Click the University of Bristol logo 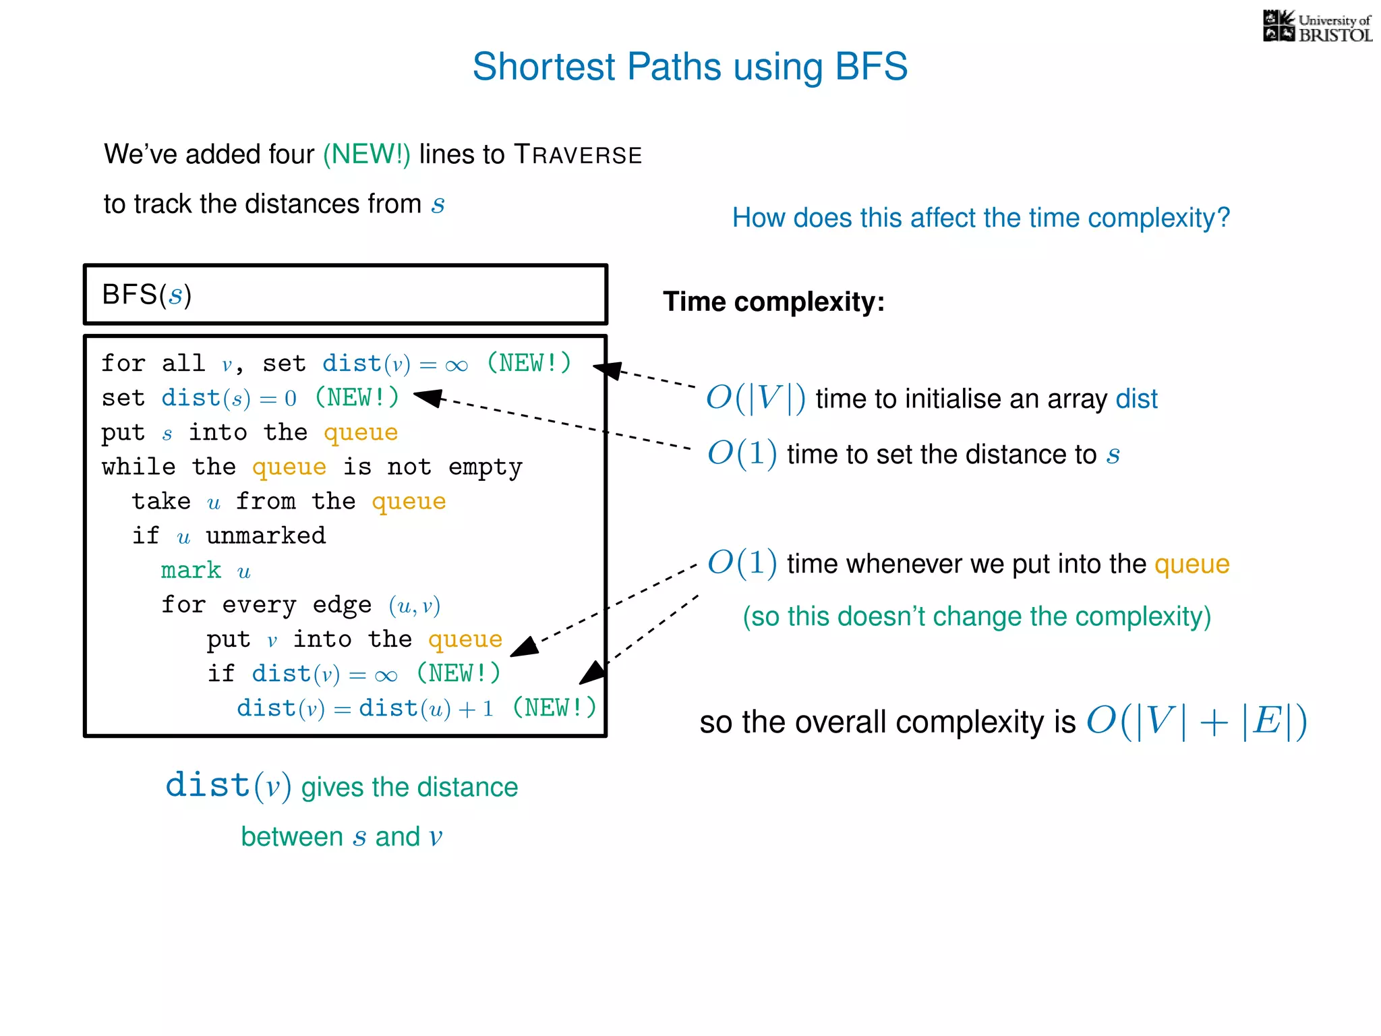click(1316, 27)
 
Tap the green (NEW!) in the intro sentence click(366, 154)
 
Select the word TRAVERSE click(578, 155)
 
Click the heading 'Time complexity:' click(773, 301)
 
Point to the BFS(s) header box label click(147, 295)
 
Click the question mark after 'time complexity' click(1223, 218)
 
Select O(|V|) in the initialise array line click(755, 398)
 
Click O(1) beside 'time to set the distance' click(742, 453)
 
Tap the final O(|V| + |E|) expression click(1196, 721)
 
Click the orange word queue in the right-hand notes click(1192, 564)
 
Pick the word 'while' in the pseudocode click(138, 467)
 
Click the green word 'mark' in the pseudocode click(191, 571)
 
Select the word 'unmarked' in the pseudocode click(266, 536)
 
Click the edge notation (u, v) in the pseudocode click(415, 606)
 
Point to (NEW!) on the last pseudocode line click(554, 708)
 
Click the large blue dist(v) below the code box click(228, 786)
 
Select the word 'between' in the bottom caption click(292, 837)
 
